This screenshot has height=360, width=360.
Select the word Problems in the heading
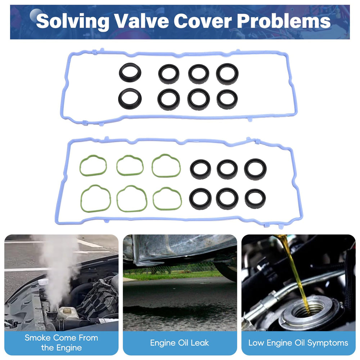click(284, 21)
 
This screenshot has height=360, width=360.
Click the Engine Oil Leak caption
click(180, 343)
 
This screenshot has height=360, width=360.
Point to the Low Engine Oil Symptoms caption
click(298, 343)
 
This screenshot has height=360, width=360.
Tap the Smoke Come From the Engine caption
click(61, 343)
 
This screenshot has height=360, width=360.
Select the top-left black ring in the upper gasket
click(130, 72)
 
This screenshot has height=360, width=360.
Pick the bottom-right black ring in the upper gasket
click(227, 99)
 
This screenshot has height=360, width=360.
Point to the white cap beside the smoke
click(43, 282)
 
